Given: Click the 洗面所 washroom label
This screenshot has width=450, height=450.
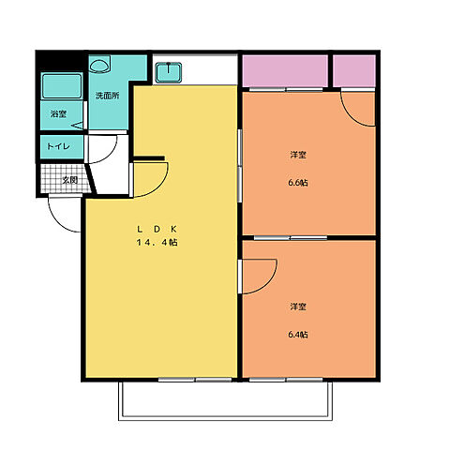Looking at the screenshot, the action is pyautogui.click(x=107, y=96).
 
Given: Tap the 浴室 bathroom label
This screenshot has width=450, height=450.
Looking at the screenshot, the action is pyautogui.click(x=58, y=114).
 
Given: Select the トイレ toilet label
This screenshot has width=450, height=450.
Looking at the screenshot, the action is pyautogui.click(x=58, y=146).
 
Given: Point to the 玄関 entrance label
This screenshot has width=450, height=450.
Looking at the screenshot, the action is pyautogui.click(x=69, y=180).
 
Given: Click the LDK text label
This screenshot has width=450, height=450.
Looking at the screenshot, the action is pyautogui.click(x=157, y=229).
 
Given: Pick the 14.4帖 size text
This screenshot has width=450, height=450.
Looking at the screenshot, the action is pyautogui.click(x=157, y=242).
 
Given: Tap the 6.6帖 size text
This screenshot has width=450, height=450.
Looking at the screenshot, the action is pyautogui.click(x=298, y=183).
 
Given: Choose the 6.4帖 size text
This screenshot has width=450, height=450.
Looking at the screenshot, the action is pyautogui.click(x=298, y=335).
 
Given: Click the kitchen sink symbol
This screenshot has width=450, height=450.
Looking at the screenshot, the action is pyautogui.click(x=169, y=72).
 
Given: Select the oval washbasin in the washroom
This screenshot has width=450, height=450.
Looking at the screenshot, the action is pyautogui.click(x=99, y=66).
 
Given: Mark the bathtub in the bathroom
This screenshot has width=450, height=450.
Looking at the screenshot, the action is pyautogui.click(x=62, y=86).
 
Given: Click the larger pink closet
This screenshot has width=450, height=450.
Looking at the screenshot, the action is pyautogui.click(x=285, y=71).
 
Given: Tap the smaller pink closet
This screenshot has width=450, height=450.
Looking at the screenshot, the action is pyautogui.click(x=354, y=71).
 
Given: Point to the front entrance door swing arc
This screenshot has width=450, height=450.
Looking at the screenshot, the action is pyautogui.click(x=58, y=222).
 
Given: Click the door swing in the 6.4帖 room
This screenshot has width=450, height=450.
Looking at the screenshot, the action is pyautogui.click(x=271, y=283).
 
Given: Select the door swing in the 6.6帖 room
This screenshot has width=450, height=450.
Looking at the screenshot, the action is pyautogui.click(x=351, y=116).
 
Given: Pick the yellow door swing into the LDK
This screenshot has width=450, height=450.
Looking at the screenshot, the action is pyautogui.click(x=161, y=187).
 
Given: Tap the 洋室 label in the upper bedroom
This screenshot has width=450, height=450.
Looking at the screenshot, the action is pyautogui.click(x=298, y=155).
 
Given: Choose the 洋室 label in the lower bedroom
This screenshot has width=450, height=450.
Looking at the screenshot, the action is pyautogui.click(x=298, y=307).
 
